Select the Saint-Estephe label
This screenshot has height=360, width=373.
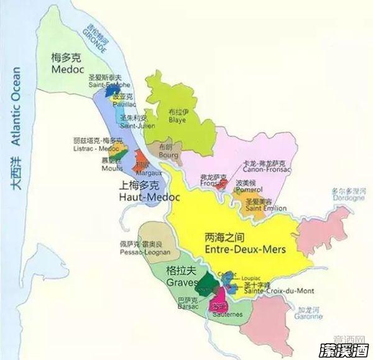109,84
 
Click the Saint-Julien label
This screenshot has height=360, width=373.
133,126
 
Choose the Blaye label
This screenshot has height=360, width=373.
177,122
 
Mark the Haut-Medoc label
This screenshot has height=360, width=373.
149,197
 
